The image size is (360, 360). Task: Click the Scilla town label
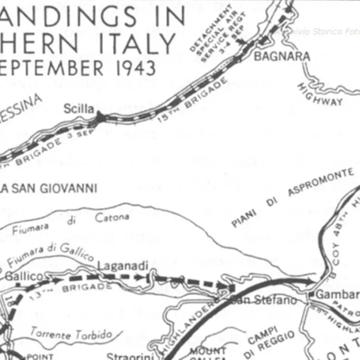79,109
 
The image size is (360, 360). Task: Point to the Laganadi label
123,266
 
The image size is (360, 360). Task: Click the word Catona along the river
112,217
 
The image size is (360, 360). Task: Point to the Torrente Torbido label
72,333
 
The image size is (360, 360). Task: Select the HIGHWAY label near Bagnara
320,95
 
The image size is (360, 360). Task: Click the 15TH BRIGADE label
193,100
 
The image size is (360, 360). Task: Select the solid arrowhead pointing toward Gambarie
312,281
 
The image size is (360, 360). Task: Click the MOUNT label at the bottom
208,351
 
